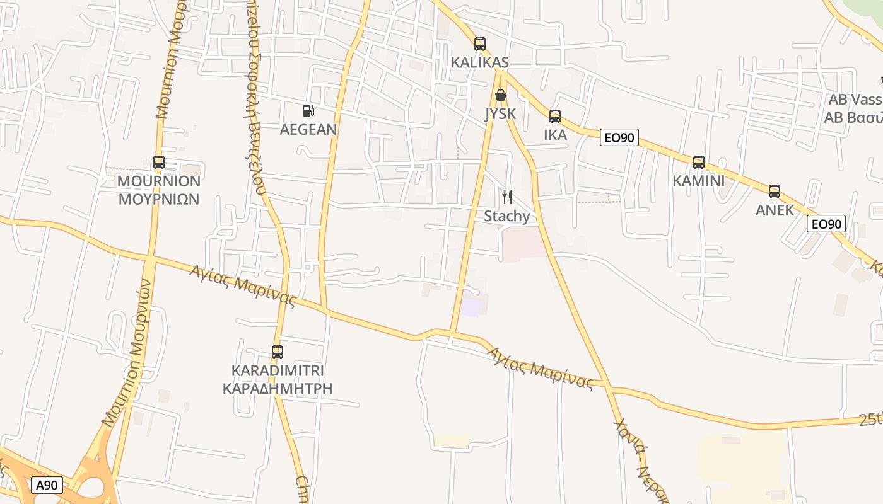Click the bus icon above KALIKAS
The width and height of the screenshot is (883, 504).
[x=480, y=44]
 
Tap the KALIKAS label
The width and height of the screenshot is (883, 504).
[x=480, y=62]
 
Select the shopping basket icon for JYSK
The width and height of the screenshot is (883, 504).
[x=501, y=96]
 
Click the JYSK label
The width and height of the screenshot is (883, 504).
[x=501, y=114]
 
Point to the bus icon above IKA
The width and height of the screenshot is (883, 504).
[x=555, y=117]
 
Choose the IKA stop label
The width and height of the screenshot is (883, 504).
[x=555, y=135]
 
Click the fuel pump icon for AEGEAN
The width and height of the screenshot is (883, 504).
[x=308, y=111]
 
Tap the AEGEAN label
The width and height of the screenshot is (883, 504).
[x=308, y=130]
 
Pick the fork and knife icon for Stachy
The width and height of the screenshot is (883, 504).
[x=507, y=197]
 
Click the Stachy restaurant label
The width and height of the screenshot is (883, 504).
[x=507, y=216]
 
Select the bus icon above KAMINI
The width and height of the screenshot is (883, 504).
[x=699, y=163]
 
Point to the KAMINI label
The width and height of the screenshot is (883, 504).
[x=699, y=181]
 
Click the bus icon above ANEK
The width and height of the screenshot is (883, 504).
[x=775, y=192]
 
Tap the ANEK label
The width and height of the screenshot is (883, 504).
[x=775, y=210]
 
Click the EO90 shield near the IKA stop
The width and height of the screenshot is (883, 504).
[x=619, y=137]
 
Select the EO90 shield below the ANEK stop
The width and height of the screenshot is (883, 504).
[x=826, y=224]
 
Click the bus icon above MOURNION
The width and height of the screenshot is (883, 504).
[x=159, y=163]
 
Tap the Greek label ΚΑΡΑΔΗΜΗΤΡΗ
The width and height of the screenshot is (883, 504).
[x=278, y=388]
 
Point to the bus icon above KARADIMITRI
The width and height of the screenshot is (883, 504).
[x=278, y=352]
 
